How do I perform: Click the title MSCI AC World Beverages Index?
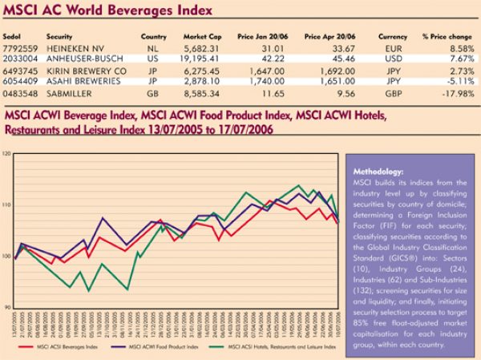[x=108, y=12]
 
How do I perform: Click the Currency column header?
[x=393, y=37]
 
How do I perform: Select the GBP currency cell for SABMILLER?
[x=393, y=93]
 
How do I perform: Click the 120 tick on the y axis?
[x=7, y=153]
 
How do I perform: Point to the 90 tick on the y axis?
[x=8, y=307]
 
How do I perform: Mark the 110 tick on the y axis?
[x=7, y=204]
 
